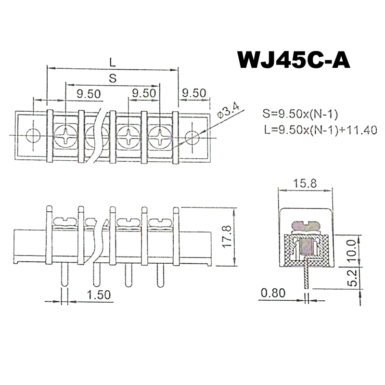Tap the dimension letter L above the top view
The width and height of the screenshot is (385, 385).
112,62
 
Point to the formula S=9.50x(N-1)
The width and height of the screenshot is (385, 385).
301,114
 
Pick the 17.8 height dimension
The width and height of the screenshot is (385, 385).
228,236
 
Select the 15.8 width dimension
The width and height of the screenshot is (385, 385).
306,183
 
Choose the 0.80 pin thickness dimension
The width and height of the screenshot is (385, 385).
272,293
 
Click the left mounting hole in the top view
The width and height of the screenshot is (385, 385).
33,136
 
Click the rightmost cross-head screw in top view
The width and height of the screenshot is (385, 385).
159,136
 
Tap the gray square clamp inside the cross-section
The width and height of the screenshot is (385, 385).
305,247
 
